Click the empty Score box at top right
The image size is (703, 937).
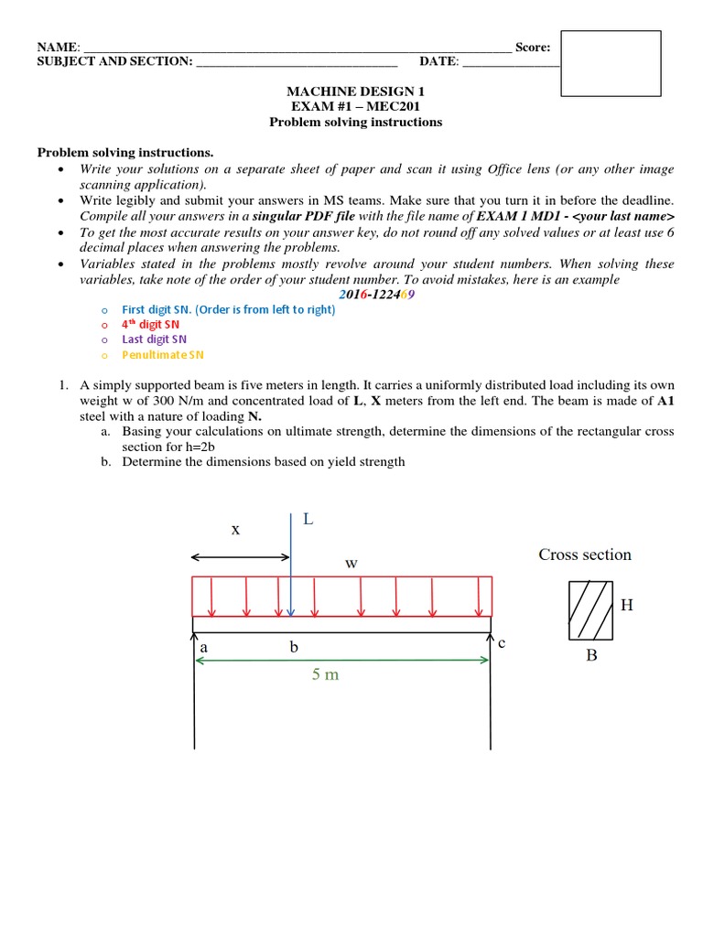coord(610,63)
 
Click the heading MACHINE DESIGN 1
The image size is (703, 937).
coord(355,92)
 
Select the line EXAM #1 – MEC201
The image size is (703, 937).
coord(355,107)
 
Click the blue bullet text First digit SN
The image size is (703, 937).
coord(229,309)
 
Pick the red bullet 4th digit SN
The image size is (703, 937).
coord(151,324)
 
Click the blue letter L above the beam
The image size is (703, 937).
coord(308,519)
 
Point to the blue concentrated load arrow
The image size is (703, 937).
coord(290,567)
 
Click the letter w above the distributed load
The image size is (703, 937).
coord(351,564)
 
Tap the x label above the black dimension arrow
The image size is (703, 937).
coord(235,529)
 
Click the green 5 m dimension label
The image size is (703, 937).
coord(325,674)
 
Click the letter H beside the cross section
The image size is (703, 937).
coord(627,605)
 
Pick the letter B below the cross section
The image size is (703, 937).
coord(591,655)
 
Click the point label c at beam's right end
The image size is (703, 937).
coord(502,642)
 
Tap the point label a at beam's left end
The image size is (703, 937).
coord(204,647)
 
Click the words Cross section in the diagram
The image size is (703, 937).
coord(585,555)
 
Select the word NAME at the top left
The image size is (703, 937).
coord(57,48)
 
